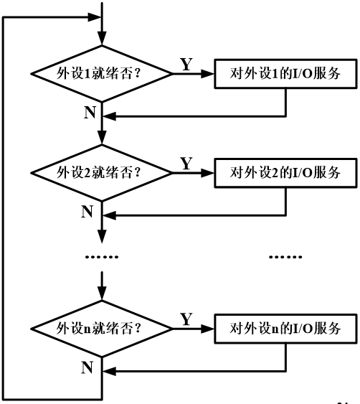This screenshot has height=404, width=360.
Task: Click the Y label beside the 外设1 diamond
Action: coord(186,65)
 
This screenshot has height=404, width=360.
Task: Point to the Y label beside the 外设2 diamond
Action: coord(186,164)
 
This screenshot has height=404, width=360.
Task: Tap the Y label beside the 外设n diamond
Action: coord(186,319)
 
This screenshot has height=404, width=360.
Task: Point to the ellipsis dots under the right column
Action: coord(285,255)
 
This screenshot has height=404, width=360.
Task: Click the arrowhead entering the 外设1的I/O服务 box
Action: coord(209,73)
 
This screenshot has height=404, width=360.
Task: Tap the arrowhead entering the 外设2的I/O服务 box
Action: coord(209,173)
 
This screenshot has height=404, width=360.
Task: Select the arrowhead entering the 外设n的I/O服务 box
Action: coord(209,329)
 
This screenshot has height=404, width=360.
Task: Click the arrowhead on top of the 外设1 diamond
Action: coord(104,40)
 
